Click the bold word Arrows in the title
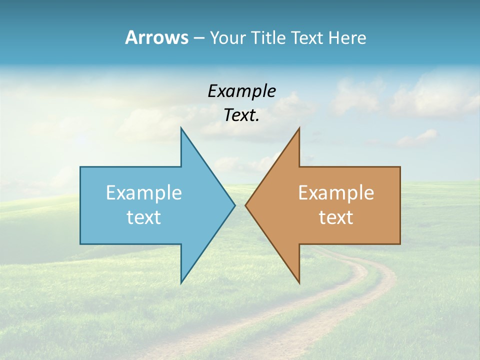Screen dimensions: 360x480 coord(156,37)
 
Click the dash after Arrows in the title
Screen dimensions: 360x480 coord(198,38)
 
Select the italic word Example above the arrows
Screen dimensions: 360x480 coord(241,91)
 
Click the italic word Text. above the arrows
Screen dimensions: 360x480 coord(241,115)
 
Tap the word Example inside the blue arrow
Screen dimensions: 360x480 coord(144,193)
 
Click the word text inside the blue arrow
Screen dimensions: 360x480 coord(144,217)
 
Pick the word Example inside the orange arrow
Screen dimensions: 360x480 coord(336,193)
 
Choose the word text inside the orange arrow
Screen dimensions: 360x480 coord(336,217)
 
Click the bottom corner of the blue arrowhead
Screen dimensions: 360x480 coord(181,282)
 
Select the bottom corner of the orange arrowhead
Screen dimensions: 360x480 coord(299,282)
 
